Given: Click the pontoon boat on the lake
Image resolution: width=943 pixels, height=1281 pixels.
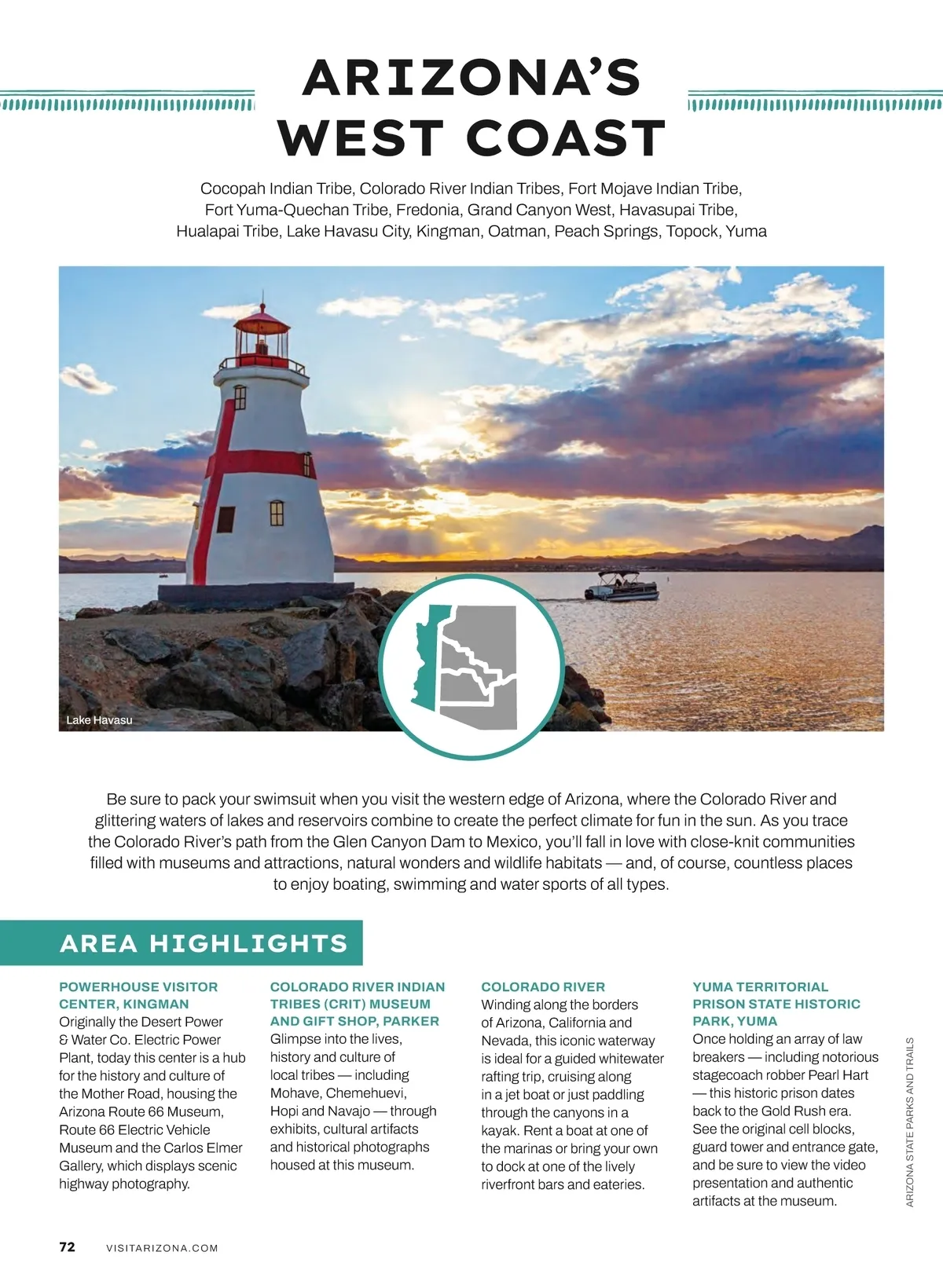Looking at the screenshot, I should point(621,586).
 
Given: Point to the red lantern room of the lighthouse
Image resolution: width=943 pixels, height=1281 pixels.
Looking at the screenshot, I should point(262,341).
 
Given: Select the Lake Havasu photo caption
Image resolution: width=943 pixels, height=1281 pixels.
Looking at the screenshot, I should point(99,720).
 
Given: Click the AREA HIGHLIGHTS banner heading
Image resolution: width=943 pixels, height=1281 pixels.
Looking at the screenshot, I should point(204,943).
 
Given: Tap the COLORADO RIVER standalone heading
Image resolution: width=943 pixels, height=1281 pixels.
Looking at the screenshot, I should point(543,987).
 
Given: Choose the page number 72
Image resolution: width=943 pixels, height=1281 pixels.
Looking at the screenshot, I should point(68,1247).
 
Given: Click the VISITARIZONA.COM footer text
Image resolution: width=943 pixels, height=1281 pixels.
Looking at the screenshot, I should point(162,1248).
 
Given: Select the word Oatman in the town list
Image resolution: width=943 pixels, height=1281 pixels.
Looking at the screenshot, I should point(517,231).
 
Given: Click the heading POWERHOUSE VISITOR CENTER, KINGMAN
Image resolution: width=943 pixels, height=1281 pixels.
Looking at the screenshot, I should point(138,995).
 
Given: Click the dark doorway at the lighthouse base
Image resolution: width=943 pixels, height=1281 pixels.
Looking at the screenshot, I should point(226,518).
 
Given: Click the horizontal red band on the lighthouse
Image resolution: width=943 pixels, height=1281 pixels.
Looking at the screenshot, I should point(267,463).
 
